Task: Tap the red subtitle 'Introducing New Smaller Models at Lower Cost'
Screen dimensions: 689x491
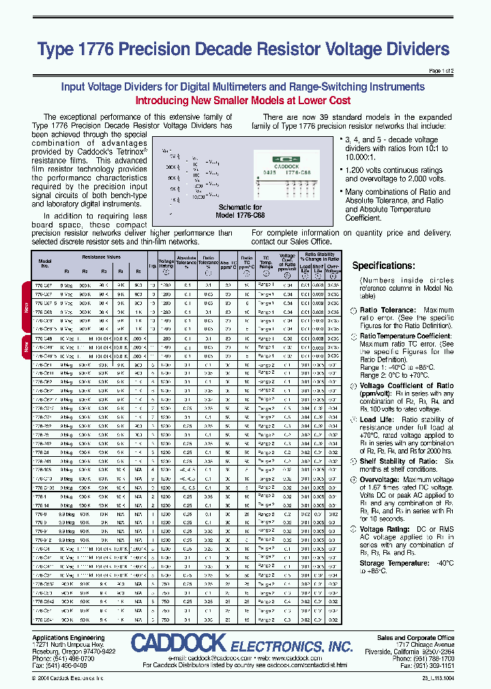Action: coord(243,101)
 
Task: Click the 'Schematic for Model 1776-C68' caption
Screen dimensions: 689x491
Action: coord(239,210)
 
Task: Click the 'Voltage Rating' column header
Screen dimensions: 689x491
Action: coord(166,264)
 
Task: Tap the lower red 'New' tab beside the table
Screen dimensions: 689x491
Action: coord(27,347)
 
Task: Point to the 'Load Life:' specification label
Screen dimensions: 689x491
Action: coord(377,420)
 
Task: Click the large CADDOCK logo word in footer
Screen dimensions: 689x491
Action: coord(178,642)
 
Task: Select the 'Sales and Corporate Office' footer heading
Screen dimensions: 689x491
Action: coord(415,638)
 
